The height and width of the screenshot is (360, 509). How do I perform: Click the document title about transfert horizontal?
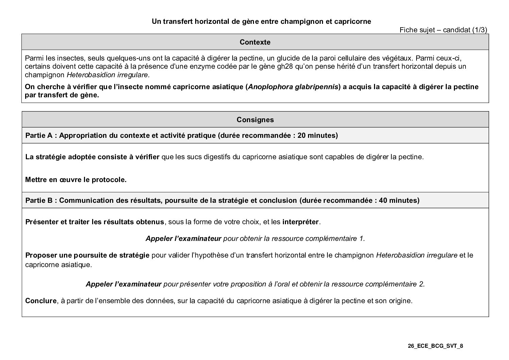(x=261, y=21)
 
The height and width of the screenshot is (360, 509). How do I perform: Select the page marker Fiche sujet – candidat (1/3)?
(x=443, y=30)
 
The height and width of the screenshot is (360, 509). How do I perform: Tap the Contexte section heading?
(x=255, y=42)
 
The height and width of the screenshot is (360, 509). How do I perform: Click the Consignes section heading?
(x=255, y=120)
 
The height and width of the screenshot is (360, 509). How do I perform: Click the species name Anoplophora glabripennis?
(x=293, y=87)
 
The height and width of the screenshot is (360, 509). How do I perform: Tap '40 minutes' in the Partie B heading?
(x=398, y=200)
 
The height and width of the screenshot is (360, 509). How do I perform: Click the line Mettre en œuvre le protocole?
(x=76, y=180)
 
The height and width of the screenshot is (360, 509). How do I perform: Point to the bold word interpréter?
(x=301, y=222)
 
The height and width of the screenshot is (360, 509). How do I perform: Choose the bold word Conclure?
(x=41, y=301)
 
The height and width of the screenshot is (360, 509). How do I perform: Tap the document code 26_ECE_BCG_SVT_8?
(x=436, y=346)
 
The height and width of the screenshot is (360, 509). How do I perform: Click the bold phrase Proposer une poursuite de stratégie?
(x=87, y=255)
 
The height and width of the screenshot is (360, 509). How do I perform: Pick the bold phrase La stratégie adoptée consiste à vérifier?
(x=92, y=157)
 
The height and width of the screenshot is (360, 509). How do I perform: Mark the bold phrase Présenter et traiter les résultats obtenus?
(x=95, y=222)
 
